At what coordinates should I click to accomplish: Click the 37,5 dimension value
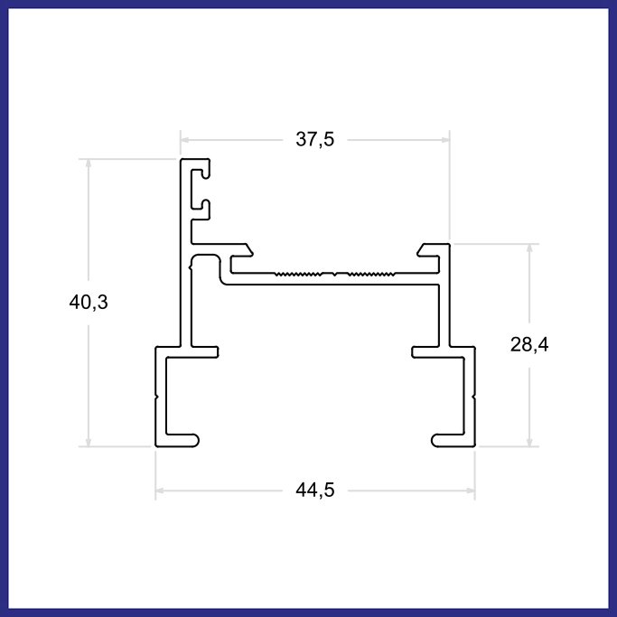(314, 139)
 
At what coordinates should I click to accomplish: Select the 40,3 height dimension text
(89, 303)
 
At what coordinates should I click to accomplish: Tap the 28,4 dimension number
(529, 345)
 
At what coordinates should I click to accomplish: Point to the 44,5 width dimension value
(314, 491)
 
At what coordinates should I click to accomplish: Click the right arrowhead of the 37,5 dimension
(445, 140)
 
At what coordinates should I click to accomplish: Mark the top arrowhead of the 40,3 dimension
(89, 164)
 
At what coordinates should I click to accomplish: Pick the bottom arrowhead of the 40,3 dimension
(89, 442)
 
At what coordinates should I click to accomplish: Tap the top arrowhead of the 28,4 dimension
(529, 248)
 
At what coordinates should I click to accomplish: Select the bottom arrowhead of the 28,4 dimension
(529, 442)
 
